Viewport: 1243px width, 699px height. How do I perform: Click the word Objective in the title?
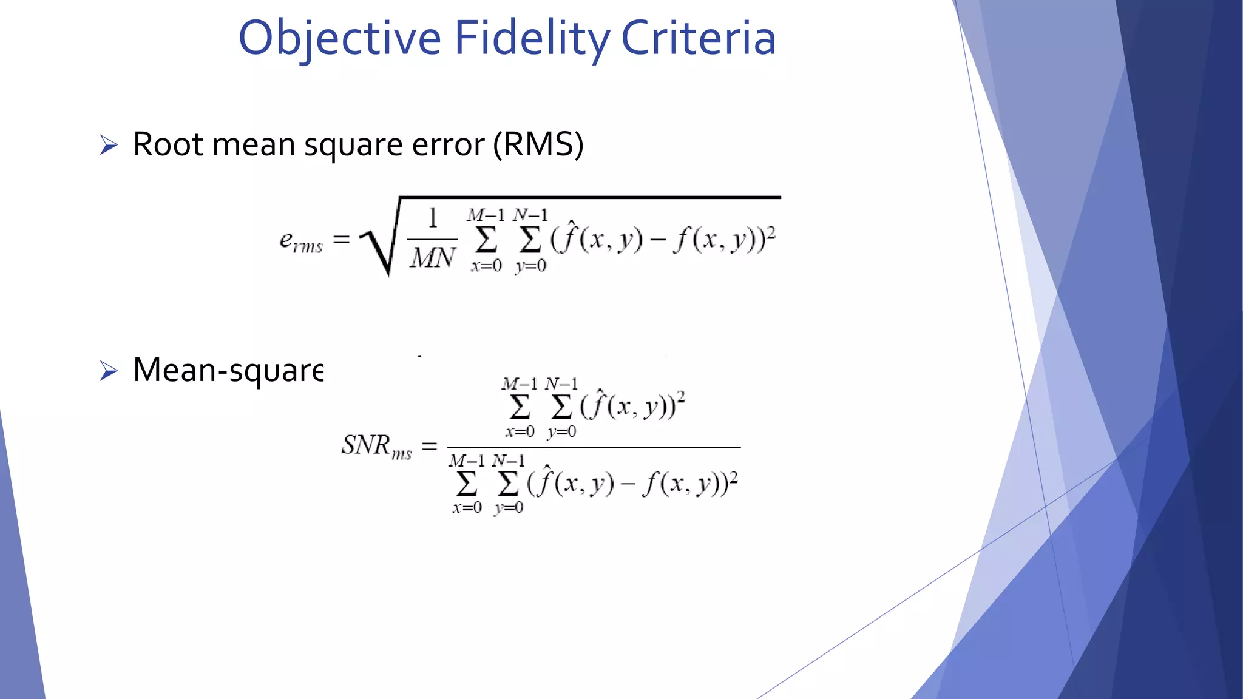339,38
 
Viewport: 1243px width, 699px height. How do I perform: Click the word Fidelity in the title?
532,38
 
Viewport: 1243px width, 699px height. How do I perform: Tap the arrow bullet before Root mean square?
109,145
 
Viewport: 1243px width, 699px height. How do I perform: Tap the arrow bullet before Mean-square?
109,371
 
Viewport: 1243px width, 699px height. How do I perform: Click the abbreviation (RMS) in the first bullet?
538,145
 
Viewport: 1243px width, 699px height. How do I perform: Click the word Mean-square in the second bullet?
228,371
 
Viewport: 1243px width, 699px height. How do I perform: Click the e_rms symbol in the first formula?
301,241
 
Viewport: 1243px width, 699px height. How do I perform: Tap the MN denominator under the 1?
432,258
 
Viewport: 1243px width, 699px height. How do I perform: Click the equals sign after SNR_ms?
430,447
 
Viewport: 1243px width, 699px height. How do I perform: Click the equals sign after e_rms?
342,240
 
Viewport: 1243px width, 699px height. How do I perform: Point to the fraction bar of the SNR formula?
594,447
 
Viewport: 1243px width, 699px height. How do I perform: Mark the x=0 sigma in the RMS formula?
486,240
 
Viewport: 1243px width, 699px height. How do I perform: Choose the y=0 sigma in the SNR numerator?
561,407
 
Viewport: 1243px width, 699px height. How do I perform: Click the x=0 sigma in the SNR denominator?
467,484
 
